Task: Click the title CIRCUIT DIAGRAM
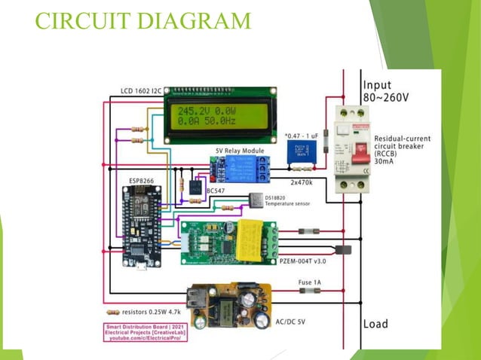143,20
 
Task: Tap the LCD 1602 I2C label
140,92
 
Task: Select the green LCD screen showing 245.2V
219,117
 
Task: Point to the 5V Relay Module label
240,151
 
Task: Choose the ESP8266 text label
144,181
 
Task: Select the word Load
375,324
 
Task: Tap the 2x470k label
303,182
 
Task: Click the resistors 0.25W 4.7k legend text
154,311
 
